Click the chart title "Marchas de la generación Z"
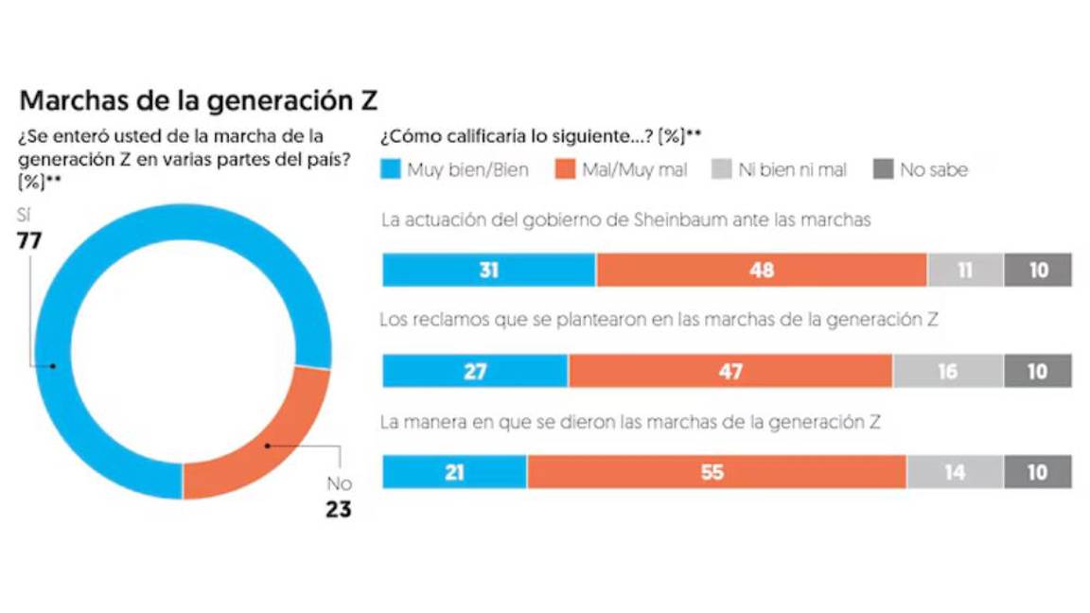(199, 101)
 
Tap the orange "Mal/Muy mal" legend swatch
(566, 170)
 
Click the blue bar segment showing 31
(488, 271)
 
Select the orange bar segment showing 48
(761, 271)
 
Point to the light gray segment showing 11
(964, 271)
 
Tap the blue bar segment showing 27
(475, 372)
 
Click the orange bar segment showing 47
(730, 372)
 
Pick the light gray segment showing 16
(947, 372)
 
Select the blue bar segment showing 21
(454, 472)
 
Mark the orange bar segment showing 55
(716, 472)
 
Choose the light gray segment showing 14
(954, 472)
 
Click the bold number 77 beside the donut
(29, 241)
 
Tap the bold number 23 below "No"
(338, 510)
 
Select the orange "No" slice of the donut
(266, 445)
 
